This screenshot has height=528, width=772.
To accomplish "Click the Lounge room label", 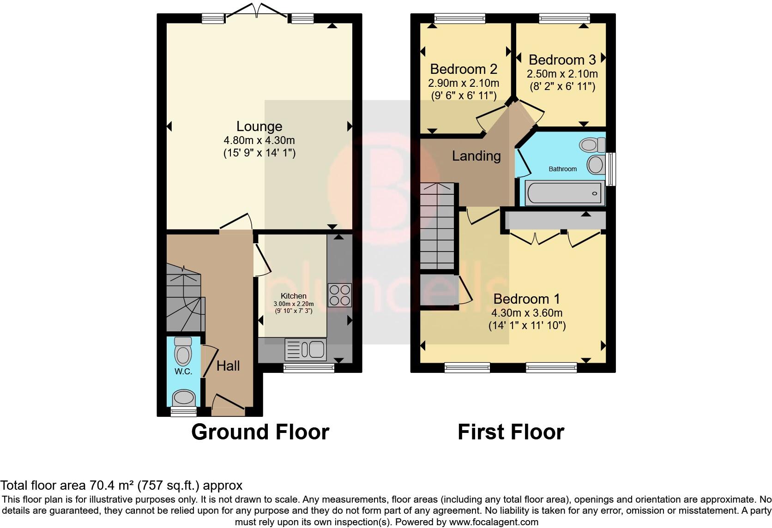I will [x=259, y=126].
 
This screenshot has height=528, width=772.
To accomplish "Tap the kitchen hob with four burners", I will [x=339, y=295].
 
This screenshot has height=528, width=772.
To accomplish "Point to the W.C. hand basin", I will [x=184, y=397].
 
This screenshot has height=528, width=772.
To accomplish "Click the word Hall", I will [x=228, y=366].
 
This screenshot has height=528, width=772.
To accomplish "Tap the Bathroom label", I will [x=562, y=169].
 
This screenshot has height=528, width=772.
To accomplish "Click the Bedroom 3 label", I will [x=562, y=60].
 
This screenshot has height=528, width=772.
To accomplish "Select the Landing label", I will [x=476, y=156].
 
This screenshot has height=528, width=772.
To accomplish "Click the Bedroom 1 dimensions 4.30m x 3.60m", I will [x=527, y=313].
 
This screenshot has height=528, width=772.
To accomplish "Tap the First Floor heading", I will [x=511, y=432].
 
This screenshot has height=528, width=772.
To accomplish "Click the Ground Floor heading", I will [x=260, y=432].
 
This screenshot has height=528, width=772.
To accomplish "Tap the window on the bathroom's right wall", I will [x=611, y=169].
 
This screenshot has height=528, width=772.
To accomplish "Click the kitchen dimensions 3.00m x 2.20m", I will [x=293, y=304].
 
